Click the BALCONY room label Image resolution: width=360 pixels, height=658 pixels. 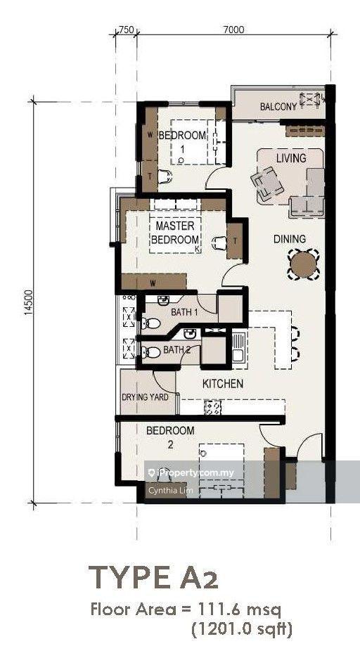[278, 106]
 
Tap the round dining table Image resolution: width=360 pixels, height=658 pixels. [303, 264]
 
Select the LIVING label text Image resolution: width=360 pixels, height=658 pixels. [291, 158]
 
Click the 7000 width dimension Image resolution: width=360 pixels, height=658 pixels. [234, 29]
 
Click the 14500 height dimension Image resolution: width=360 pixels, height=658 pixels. [29, 302]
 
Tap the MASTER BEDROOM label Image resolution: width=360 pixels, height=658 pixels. [175, 233]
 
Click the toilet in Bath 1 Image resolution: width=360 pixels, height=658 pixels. [151, 323]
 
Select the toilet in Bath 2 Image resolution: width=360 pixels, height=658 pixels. [151, 352]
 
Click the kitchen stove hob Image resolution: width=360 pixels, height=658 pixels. [213, 408]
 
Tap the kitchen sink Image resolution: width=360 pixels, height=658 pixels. [238, 347]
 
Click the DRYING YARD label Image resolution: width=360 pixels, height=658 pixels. [145, 397]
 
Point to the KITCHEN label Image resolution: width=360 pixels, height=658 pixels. [223, 383]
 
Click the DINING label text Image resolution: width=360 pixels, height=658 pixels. [290, 239]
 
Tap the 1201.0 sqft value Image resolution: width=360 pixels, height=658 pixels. [242, 629]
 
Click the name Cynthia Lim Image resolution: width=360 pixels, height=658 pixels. [165, 490]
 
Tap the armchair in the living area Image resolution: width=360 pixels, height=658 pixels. [267, 183]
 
